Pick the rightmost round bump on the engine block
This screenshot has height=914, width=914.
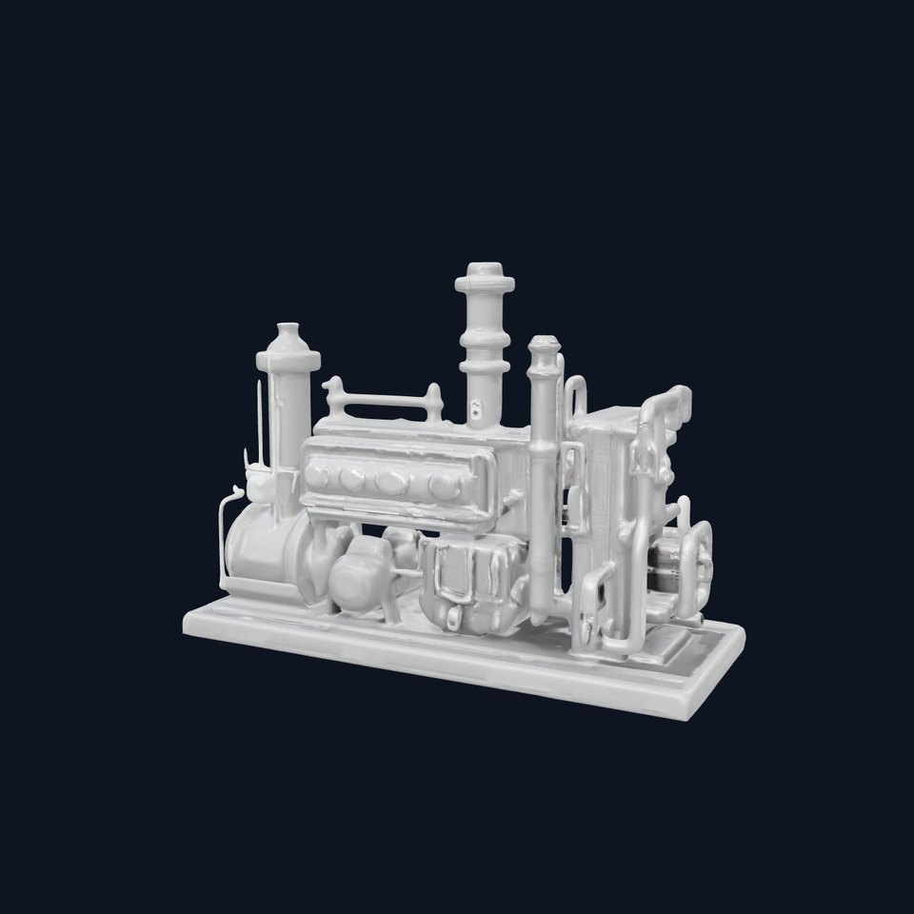pos(442,486)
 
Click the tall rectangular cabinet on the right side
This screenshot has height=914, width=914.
pos(609,495)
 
